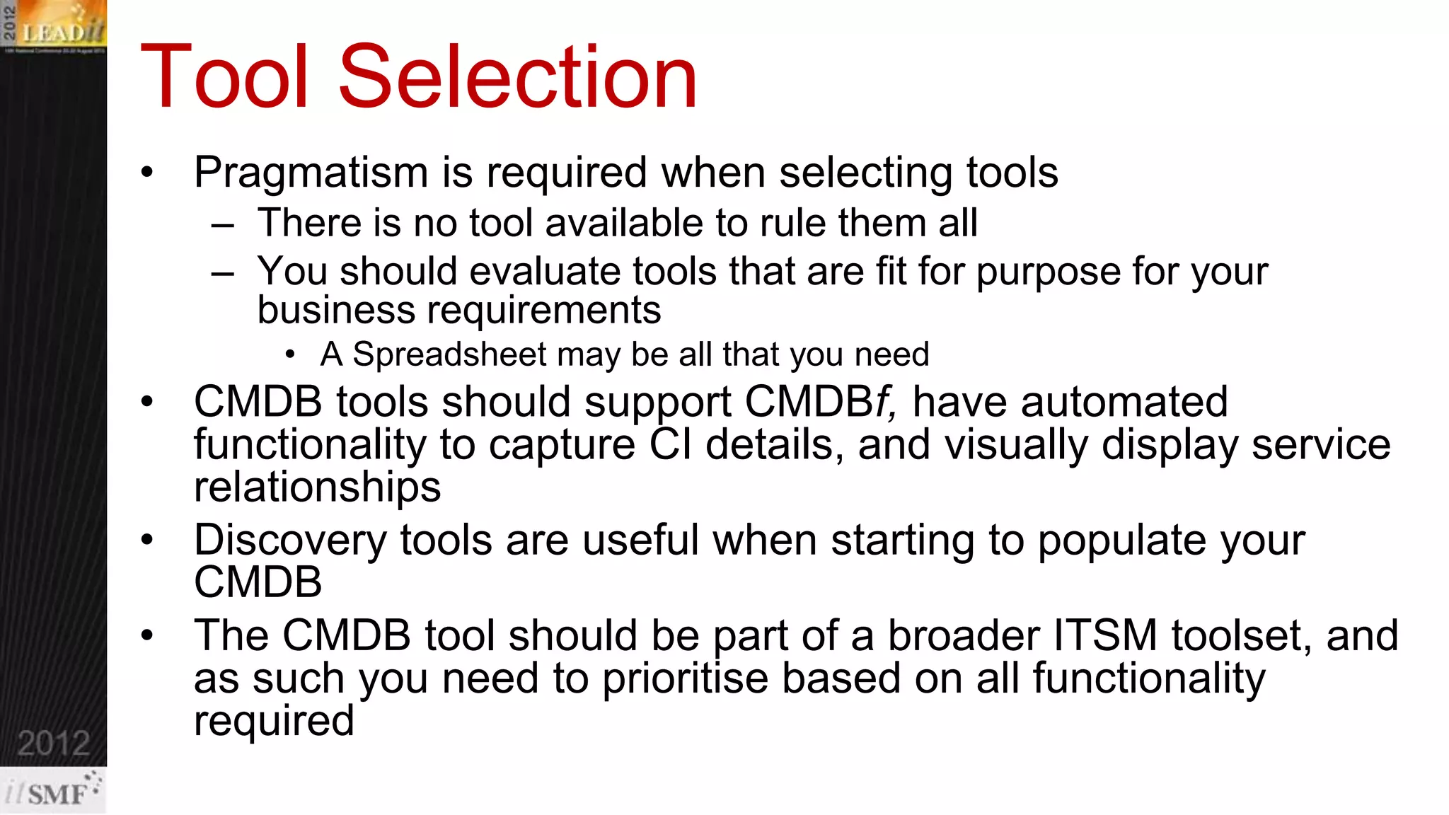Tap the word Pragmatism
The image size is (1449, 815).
[x=311, y=173]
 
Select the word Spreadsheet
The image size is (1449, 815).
[x=450, y=354]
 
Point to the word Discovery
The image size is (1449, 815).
[x=290, y=541]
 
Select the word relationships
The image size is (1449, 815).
[x=317, y=487]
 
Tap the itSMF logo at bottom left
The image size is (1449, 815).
[x=54, y=792]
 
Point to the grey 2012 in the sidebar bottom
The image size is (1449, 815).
[x=54, y=744]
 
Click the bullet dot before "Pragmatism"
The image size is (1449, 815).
[x=147, y=173]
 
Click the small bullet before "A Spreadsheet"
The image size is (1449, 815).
[x=290, y=355]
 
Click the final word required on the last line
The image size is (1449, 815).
[x=274, y=722]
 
